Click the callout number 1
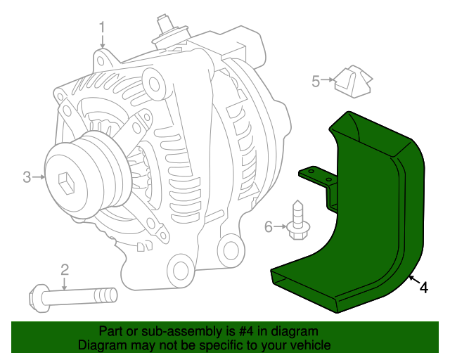pos(102,28)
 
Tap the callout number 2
pos(65,270)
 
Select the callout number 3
pos(27,177)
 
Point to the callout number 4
pos(424,288)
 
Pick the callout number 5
pos(316,82)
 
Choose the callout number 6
pos(269,227)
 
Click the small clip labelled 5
pos(353,82)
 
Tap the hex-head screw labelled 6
pos(298,221)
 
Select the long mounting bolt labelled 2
pos(73,298)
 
